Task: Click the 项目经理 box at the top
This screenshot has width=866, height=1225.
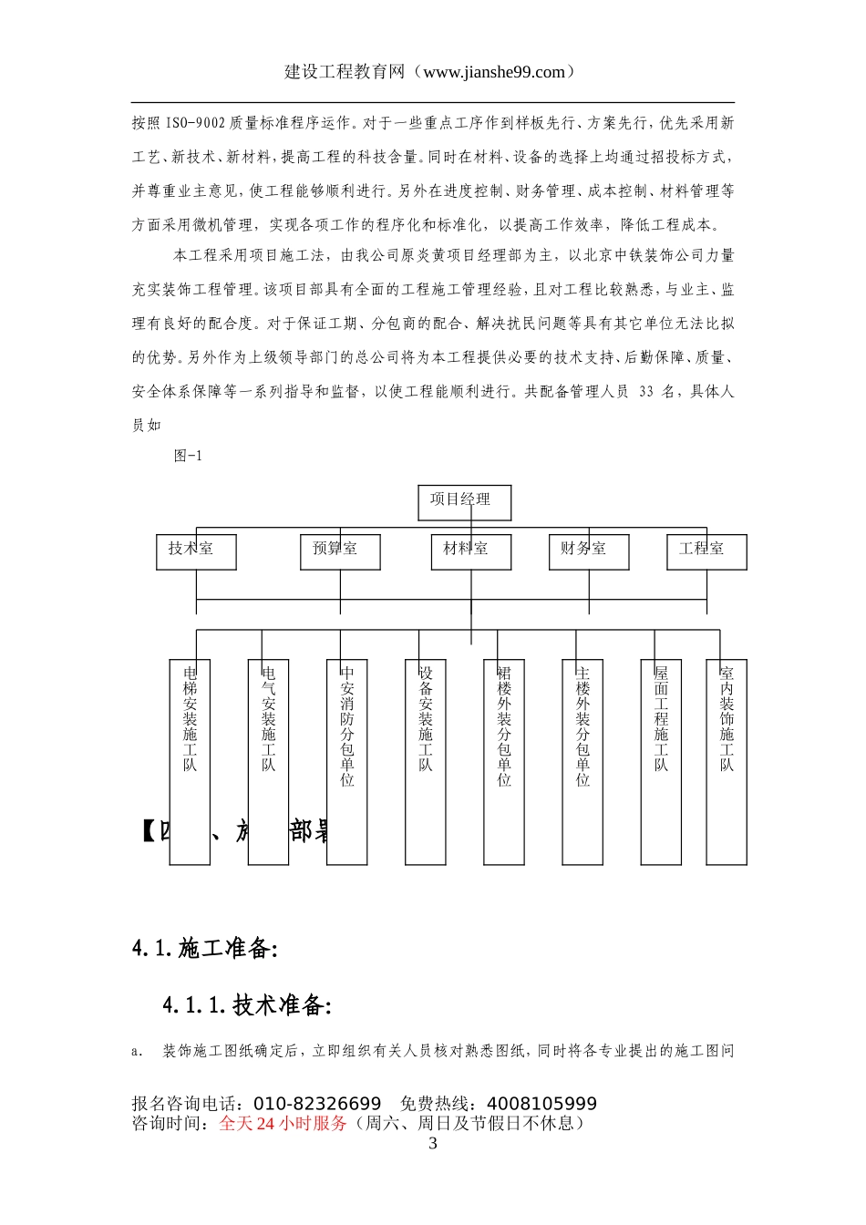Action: click(x=464, y=502)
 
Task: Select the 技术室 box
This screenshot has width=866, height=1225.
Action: click(x=196, y=551)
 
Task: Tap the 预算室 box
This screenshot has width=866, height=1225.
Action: click(x=340, y=551)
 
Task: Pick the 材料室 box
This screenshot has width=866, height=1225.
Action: click(x=470, y=551)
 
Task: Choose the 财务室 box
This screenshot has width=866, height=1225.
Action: click(x=589, y=551)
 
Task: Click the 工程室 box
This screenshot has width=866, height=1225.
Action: click(x=706, y=551)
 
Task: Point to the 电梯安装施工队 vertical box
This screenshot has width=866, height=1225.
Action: click(x=190, y=761)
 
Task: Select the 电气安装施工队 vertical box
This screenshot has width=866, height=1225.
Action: click(x=268, y=761)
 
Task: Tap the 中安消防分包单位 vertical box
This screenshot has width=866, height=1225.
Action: click(x=346, y=761)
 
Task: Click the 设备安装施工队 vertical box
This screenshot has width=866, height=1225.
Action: click(x=426, y=761)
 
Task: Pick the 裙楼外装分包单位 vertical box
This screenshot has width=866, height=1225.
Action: click(x=504, y=761)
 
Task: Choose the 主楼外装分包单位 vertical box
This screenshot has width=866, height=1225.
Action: click(x=582, y=761)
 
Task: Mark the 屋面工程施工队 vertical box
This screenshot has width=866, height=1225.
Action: click(x=661, y=761)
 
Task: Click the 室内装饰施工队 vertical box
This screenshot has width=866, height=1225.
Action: click(x=727, y=761)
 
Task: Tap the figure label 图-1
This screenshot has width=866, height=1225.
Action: click(x=189, y=456)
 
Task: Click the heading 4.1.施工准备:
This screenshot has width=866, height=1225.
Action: click(x=204, y=948)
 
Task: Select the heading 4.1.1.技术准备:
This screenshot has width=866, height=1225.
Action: click(x=246, y=1005)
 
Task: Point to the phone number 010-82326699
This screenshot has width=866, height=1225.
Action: click(x=317, y=1105)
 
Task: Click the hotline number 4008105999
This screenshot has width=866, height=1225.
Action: click(x=541, y=1105)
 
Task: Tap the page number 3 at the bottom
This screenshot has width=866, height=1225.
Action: click(x=433, y=1144)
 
